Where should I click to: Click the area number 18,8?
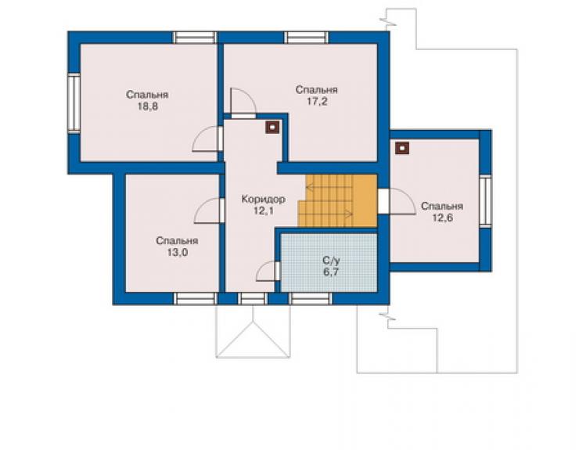point(148,106)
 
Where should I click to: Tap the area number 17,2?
point(317,102)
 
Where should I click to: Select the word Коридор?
point(263,199)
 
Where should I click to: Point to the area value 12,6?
point(442,218)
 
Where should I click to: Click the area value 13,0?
point(178,253)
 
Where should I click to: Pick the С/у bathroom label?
point(331,261)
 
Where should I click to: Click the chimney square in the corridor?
point(272,128)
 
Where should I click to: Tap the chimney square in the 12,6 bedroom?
point(401,148)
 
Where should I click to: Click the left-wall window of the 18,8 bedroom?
point(74,103)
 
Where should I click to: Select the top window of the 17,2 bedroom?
point(306,38)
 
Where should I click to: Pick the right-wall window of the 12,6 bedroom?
point(485,201)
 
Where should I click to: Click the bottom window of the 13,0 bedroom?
point(195,298)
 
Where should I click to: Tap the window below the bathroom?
point(310,298)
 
